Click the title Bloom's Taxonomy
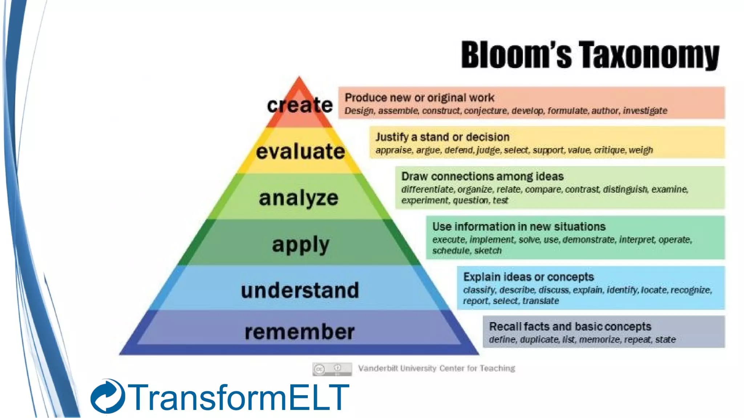point(590,55)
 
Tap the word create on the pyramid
point(300,105)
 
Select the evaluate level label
point(300,151)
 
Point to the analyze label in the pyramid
point(299,198)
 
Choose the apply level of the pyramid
point(301,245)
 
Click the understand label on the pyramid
point(300,291)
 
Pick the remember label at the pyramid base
point(300,332)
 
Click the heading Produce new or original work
point(419,98)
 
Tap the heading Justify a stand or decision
point(442,137)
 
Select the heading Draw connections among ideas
point(482,176)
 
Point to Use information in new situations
point(519,227)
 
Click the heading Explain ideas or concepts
point(528,277)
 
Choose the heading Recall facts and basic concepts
point(570,327)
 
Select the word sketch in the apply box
point(488,251)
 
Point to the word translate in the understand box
point(541,301)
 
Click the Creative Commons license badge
point(332,369)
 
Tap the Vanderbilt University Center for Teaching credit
point(436,368)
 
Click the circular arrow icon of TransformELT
point(108,397)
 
